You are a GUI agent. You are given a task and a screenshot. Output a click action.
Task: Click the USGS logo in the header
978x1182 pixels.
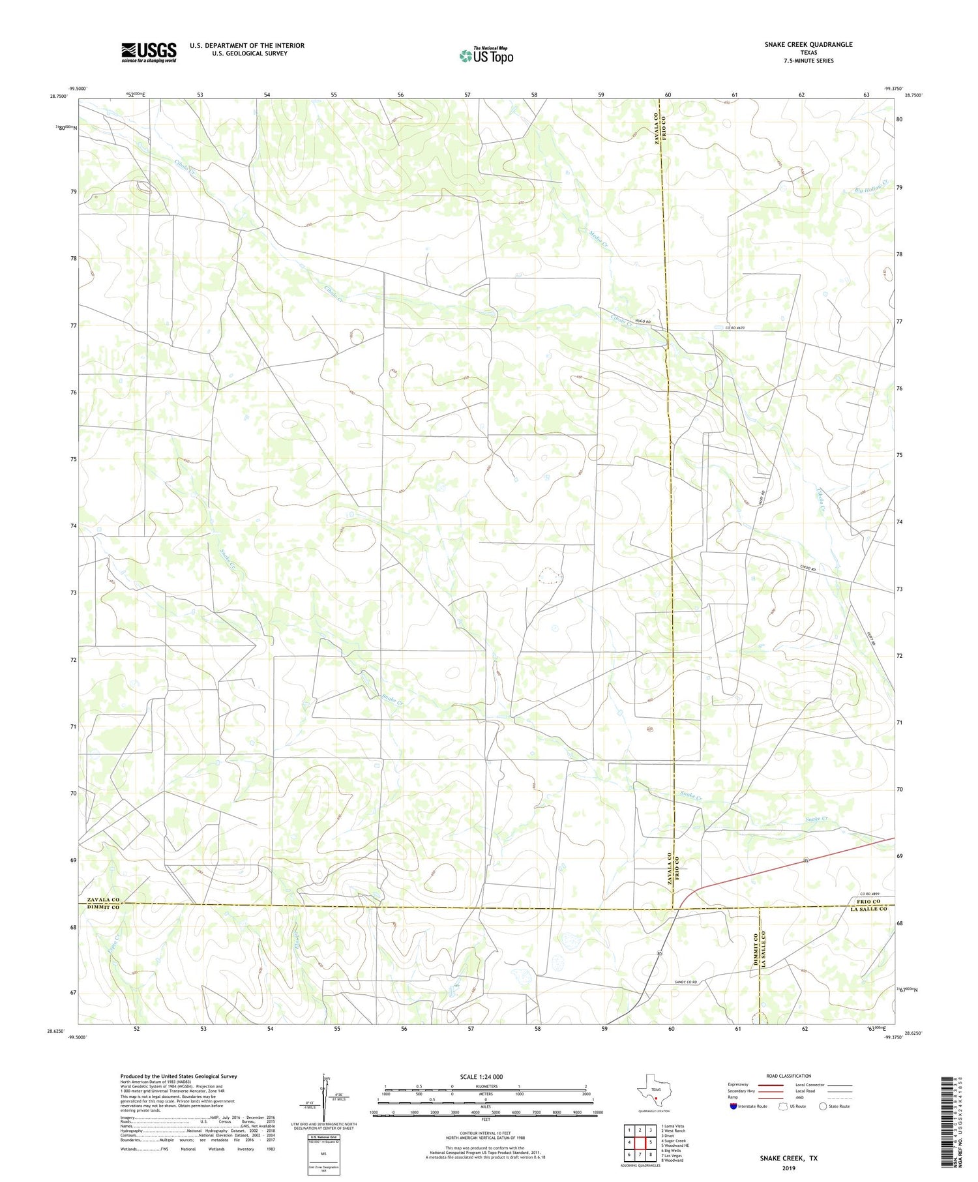point(149,52)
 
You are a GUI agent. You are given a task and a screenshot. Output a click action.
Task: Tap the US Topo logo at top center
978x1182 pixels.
point(486,56)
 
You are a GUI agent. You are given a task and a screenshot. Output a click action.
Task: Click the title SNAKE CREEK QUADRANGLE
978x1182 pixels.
point(808,44)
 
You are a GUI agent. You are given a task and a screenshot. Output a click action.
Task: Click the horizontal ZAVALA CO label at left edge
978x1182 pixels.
point(100,900)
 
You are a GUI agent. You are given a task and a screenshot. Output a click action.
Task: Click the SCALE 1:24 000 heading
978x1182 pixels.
point(485,1076)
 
